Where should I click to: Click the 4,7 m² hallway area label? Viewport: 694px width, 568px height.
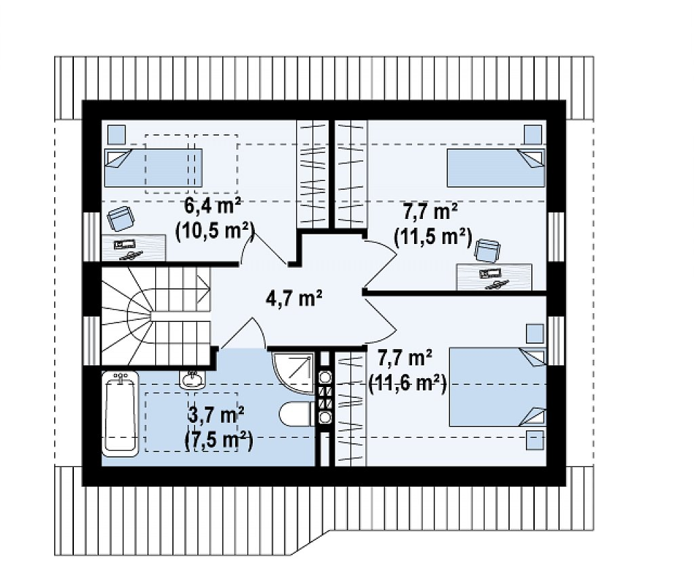point(293,298)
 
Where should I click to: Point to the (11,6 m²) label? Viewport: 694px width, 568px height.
point(407,383)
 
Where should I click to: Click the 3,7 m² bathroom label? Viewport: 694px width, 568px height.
point(217,417)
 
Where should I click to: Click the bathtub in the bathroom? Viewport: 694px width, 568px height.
point(121,414)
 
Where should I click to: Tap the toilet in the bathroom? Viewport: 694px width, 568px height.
point(297,414)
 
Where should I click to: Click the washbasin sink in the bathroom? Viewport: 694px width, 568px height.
point(192,378)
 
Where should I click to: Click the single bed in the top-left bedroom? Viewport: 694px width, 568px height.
point(153,167)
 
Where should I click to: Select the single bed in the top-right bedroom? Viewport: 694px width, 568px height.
point(496,168)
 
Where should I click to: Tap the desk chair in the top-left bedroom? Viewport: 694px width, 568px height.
point(121,218)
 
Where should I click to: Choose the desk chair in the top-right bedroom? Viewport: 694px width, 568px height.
point(487,251)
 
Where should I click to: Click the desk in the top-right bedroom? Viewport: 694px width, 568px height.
point(494,277)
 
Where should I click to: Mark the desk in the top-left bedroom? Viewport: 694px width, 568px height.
point(134,248)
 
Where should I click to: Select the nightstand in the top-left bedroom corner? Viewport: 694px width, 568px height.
point(117,134)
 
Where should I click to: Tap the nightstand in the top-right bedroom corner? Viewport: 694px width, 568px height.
point(533,134)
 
